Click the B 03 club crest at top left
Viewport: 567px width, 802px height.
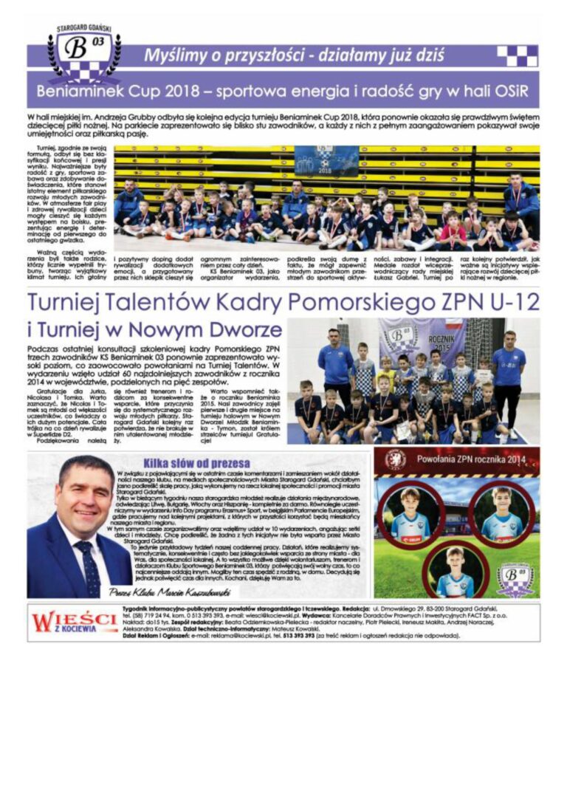(x=83, y=52)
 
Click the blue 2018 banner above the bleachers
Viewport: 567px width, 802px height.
(x=326, y=161)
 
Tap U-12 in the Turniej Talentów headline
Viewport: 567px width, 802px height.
(x=510, y=301)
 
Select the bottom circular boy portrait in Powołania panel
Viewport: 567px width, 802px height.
(x=455, y=569)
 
